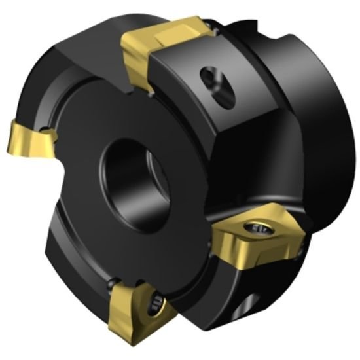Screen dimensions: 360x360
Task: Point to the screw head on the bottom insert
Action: coord(154,303)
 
